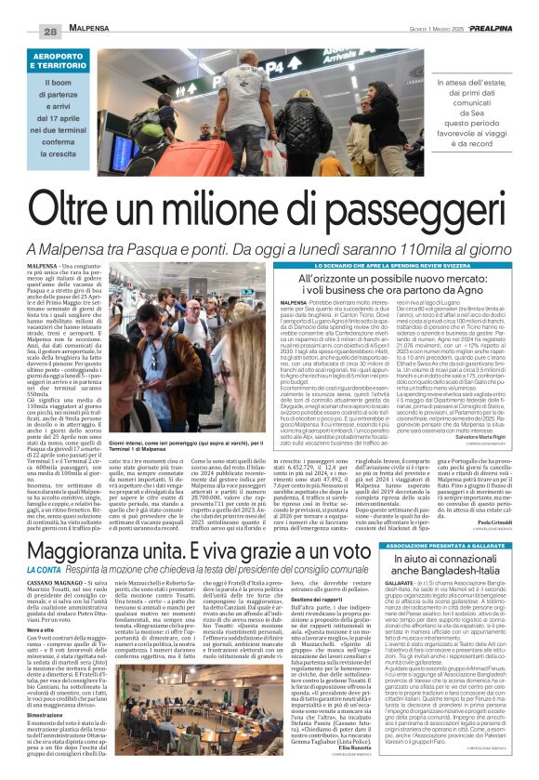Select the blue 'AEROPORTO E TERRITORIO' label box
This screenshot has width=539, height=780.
click(x=70, y=61)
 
